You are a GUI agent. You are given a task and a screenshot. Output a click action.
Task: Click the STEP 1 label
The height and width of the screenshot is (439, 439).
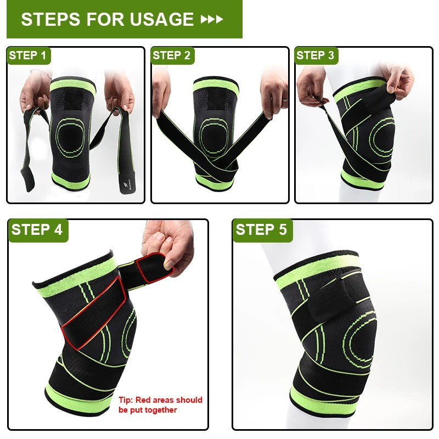(x=27, y=55)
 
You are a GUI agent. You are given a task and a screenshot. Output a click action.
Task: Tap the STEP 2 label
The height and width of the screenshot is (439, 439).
(x=172, y=55)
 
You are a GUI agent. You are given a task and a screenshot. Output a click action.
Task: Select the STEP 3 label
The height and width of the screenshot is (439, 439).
(x=315, y=55)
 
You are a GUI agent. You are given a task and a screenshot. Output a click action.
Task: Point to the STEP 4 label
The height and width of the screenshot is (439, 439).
(x=37, y=229)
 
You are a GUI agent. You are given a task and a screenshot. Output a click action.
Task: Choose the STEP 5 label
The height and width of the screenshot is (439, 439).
(x=261, y=229)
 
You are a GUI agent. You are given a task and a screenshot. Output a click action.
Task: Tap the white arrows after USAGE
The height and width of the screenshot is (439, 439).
(x=212, y=20)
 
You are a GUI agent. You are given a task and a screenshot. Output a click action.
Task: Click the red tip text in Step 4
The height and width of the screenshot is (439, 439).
(x=160, y=404)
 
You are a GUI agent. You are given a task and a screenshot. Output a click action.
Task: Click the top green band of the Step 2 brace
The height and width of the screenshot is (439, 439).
(x=215, y=86)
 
